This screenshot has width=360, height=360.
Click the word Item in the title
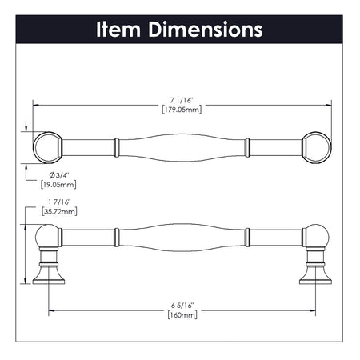click(121, 30)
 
